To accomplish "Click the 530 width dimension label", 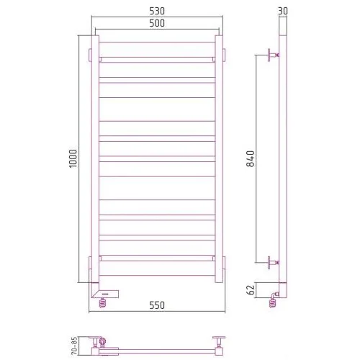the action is [157, 11].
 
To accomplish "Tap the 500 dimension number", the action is [157, 23].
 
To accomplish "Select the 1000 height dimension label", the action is [73, 158].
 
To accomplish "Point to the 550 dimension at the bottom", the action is [157, 305].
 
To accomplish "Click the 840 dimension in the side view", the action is [251, 158].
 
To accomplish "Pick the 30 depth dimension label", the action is [283, 11].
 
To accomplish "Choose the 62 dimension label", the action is [251, 290].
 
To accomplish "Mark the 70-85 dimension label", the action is [74, 346].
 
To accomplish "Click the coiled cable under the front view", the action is [102, 302].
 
